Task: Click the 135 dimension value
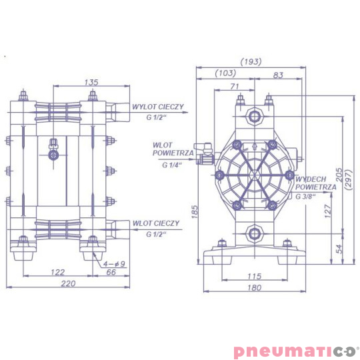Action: tap(92, 82)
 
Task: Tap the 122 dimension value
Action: tap(58, 272)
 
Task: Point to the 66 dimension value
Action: tap(111, 272)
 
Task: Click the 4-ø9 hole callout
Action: tap(114, 263)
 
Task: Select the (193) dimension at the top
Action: tap(251, 61)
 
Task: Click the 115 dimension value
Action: tap(253, 277)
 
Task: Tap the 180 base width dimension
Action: tap(253, 288)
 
